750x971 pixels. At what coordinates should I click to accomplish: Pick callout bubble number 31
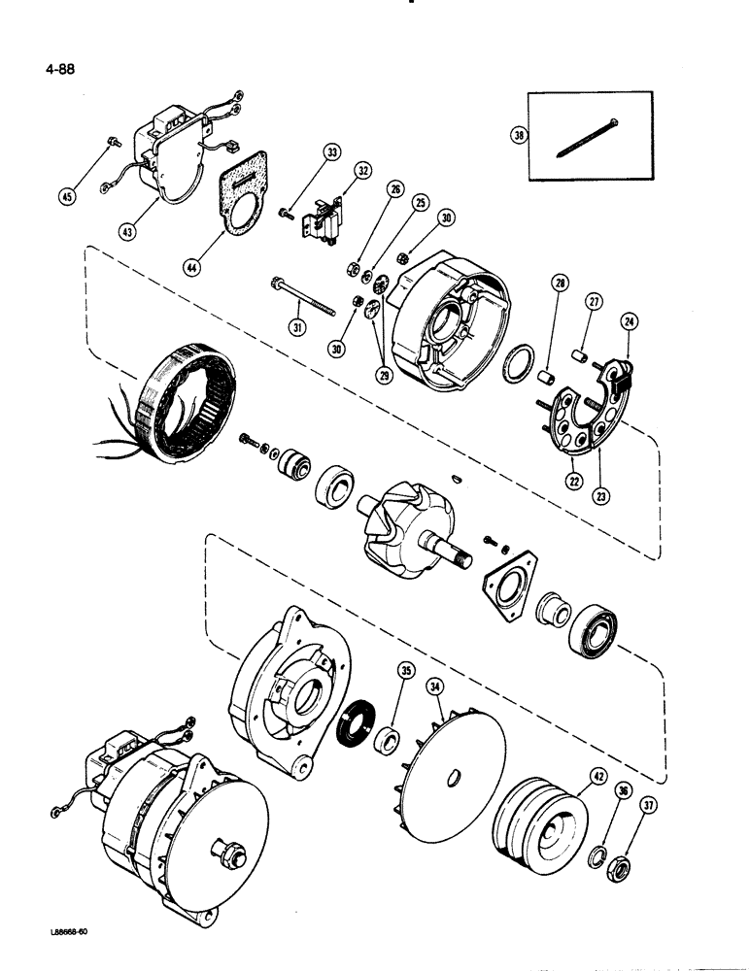[297, 328]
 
